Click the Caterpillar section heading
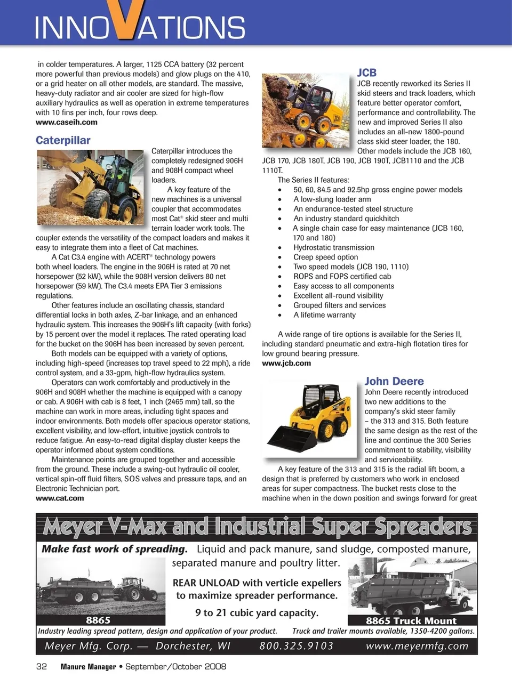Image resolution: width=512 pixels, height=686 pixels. pos(63,140)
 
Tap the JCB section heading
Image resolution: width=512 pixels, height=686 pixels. pos(366,72)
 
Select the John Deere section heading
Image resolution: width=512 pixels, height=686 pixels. pos(394,381)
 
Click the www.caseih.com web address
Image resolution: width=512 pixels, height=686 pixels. pos(66,122)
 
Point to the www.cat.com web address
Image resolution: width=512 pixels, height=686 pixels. pos(60,498)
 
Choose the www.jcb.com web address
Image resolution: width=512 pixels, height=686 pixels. pos(286,363)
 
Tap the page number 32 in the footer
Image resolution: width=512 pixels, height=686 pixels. pos(41,666)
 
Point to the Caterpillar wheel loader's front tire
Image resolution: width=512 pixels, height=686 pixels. pos(98,204)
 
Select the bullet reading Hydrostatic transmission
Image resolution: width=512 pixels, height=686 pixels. pos(333,247)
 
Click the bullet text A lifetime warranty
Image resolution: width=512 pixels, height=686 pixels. pos(324,315)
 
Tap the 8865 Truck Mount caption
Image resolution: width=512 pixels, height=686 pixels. pos(411,620)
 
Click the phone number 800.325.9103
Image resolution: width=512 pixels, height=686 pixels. pos(296,646)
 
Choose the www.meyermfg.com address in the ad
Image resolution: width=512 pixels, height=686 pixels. pos(417,646)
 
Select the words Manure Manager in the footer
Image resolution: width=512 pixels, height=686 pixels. pos(88,667)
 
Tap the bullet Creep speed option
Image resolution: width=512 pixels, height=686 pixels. pos(325,257)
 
